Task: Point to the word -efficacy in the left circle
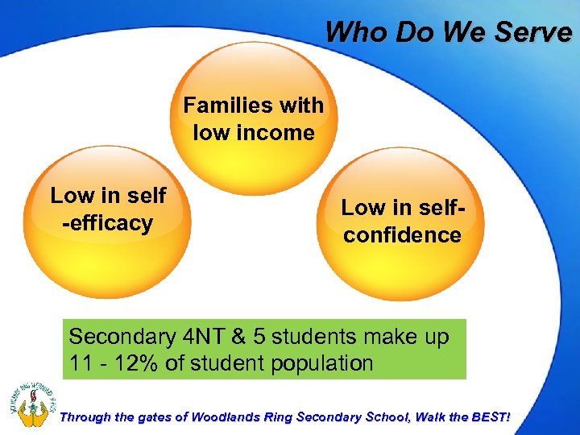click(x=107, y=222)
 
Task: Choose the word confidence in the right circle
click(x=400, y=234)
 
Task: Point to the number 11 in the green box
click(x=81, y=363)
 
